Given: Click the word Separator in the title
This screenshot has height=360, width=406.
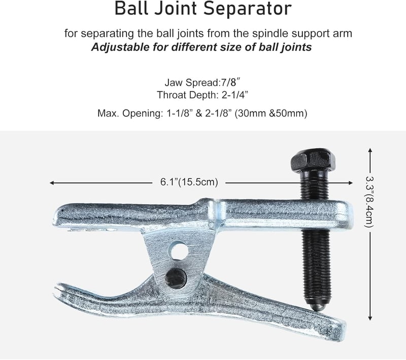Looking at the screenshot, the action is (x=247, y=9).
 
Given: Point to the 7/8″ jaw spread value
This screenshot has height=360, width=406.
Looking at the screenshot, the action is (x=229, y=83).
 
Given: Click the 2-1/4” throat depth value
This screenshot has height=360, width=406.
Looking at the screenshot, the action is (x=235, y=95).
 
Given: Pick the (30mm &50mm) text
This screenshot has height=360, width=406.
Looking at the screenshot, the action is (x=271, y=113).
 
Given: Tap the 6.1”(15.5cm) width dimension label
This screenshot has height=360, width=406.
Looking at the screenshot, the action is (x=189, y=182).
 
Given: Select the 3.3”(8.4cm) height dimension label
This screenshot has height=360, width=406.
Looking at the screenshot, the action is (x=369, y=202).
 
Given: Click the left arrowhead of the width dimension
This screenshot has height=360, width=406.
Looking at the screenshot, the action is (x=51, y=183).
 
